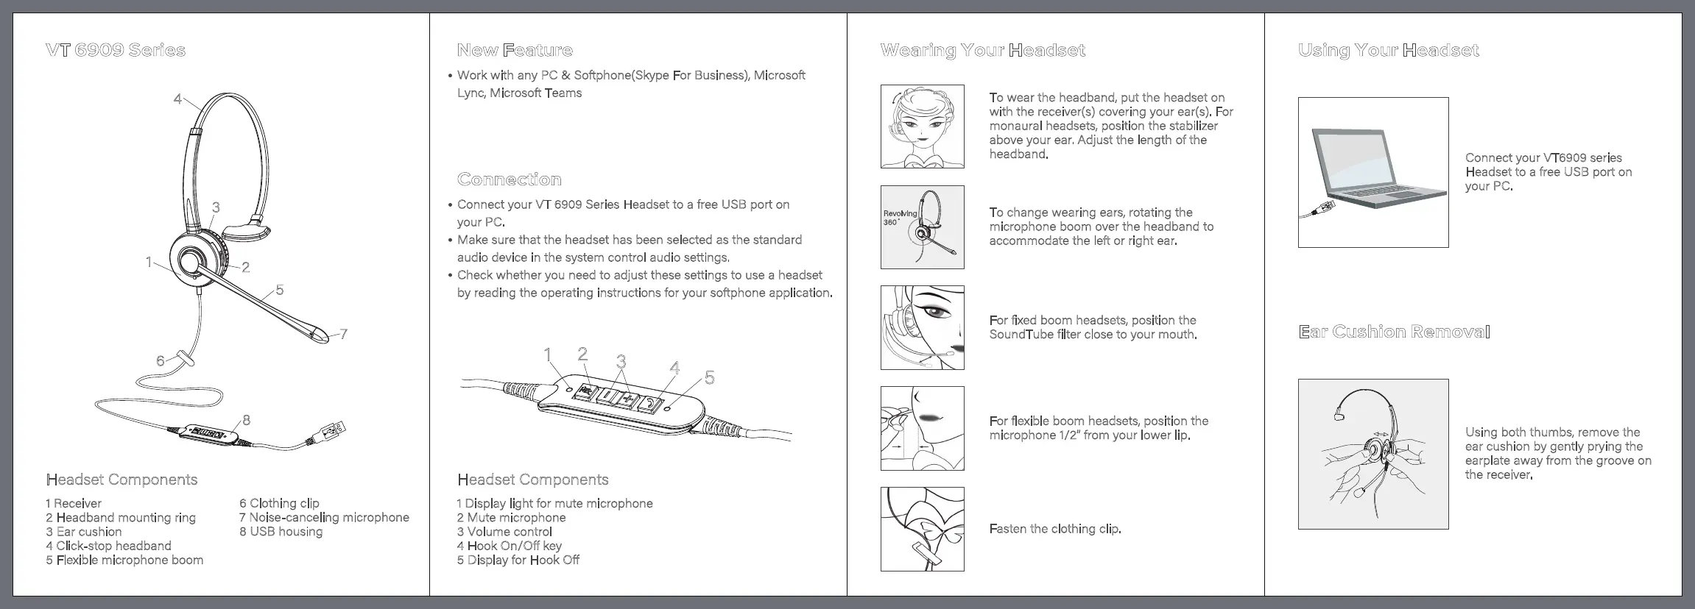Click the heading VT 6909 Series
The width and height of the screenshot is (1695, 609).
[x=116, y=50]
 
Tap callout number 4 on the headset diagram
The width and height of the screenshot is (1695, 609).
[x=177, y=99]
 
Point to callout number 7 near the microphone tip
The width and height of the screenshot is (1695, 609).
[x=343, y=335]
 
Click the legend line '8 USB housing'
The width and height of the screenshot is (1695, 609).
[x=281, y=532]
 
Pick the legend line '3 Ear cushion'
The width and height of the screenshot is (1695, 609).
[x=84, y=532]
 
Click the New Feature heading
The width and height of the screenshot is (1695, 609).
[x=515, y=50]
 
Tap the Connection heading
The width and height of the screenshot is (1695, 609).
[x=509, y=179]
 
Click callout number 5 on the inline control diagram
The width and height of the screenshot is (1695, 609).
[x=709, y=378]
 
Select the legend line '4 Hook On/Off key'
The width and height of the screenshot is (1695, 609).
[x=509, y=546]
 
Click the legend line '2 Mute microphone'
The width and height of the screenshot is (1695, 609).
[x=511, y=518]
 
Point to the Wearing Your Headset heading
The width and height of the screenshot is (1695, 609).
[x=982, y=50]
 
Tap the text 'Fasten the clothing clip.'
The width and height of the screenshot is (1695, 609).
[x=1055, y=529]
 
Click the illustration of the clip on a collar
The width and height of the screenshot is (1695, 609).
[x=922, y=529]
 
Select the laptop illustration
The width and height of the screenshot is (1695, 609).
[x=1373, y=173]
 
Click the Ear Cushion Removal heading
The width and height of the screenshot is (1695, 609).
[x=1394, y=332]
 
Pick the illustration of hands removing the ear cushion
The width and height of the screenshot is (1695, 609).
[x=1373, y=455]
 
